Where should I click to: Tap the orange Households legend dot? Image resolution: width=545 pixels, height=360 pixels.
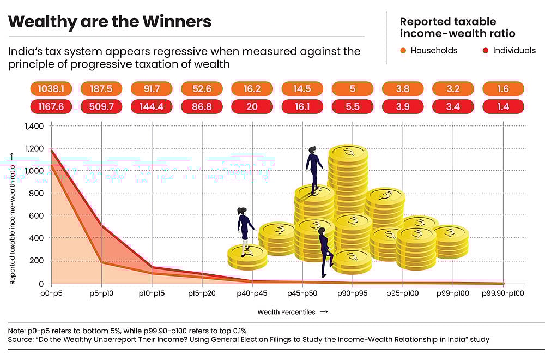pos(403,51)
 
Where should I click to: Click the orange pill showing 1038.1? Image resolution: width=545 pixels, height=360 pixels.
pos(51,89)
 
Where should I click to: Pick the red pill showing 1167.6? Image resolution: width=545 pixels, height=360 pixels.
pos(51,107)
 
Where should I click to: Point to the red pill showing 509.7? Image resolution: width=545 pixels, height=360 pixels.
pos(101,107)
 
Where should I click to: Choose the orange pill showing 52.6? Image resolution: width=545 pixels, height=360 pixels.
pos(202,89)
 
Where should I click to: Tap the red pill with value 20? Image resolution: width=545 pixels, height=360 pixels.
pos(252,107)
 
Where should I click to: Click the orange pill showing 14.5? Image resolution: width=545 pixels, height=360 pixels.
pos(302,89)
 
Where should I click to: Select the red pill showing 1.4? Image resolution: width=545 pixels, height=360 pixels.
pos(503,107)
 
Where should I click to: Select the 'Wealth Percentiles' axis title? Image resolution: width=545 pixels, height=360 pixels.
pos(287,313)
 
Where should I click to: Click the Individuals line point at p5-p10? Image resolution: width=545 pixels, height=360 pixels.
pos(101,226)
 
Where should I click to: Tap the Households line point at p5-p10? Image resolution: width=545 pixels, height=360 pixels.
pos(101,262)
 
